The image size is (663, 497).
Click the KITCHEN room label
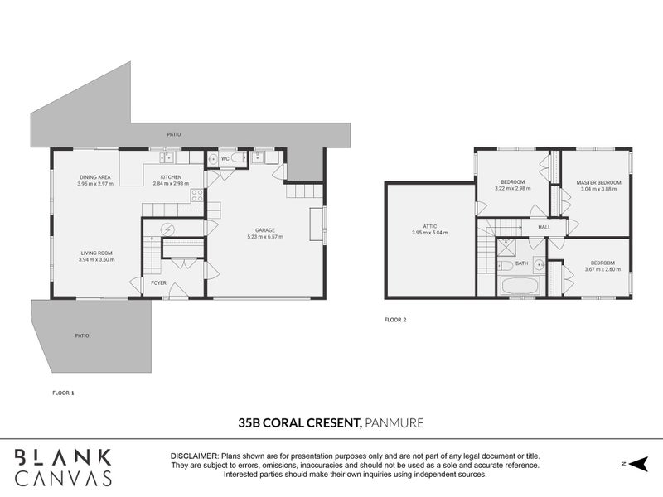(172, 176)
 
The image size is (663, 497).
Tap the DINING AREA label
(95, 176)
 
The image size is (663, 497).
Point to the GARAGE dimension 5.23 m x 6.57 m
(265, 237)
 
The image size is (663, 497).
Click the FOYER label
(158, 283)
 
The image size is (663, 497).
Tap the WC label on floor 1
(224, 157)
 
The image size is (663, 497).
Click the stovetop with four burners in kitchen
(198, 196)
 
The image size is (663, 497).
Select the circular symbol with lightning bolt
(169, 229)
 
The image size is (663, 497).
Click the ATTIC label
(429, 225)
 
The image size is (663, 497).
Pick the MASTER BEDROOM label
(599, 181)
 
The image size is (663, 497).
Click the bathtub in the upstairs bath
(520, 287)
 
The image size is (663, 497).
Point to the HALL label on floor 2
(544, 226)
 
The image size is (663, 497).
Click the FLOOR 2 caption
(396, 319)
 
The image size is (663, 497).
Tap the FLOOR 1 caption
(63, 393)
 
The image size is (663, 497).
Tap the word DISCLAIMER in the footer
(194, 456)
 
